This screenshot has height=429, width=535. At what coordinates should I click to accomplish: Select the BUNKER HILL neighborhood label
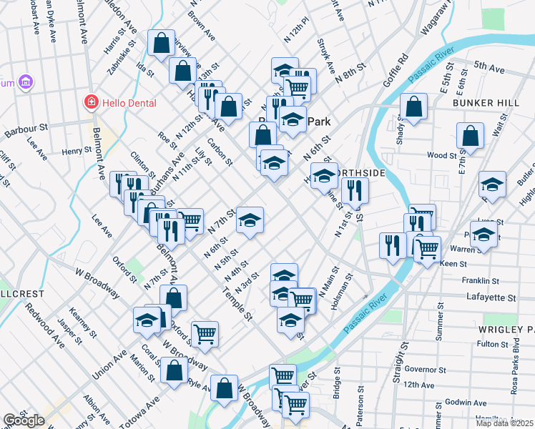tap(486, 103)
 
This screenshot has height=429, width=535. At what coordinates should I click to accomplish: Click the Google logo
tap(24, 420)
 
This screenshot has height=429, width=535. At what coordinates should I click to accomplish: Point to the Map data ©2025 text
tap(505, 423)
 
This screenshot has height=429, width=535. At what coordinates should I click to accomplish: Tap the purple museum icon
tap(26, 82)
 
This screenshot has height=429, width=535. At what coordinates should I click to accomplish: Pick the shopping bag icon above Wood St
tap(470, 135)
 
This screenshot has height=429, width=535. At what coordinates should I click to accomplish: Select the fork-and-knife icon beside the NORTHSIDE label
tap(354, 191)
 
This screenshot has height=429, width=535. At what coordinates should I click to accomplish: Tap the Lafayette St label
tap(491, 296)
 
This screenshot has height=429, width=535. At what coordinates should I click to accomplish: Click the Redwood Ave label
tap(45, 325)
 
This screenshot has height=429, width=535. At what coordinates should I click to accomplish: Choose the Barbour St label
tap(26, 131)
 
